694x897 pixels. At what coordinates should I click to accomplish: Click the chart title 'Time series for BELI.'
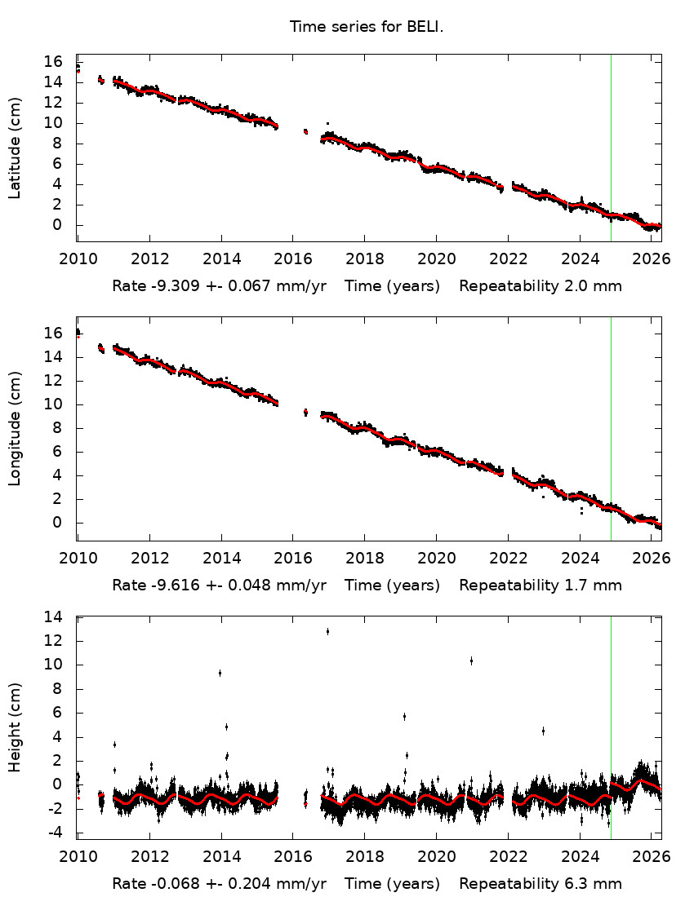[366, 27]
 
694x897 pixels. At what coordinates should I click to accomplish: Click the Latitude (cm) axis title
[15, 148]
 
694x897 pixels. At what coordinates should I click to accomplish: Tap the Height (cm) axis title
[15, 727]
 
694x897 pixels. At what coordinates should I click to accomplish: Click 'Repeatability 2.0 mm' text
[540, 286]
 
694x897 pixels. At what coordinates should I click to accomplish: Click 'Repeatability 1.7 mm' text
[540, 585]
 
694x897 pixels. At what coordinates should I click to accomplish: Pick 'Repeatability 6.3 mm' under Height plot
[540, 883]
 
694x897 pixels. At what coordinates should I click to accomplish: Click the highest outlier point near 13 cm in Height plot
[327, 631]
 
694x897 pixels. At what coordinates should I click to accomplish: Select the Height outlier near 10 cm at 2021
[471, 661]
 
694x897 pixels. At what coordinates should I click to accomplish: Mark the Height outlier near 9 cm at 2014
[220, 673]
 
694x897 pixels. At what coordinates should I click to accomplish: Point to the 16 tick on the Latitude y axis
[54, 62]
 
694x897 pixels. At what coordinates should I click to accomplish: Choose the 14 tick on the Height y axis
[54, 617]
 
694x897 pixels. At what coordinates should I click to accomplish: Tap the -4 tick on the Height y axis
[54, 833]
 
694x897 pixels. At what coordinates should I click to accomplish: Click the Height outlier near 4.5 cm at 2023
[543, 731]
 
